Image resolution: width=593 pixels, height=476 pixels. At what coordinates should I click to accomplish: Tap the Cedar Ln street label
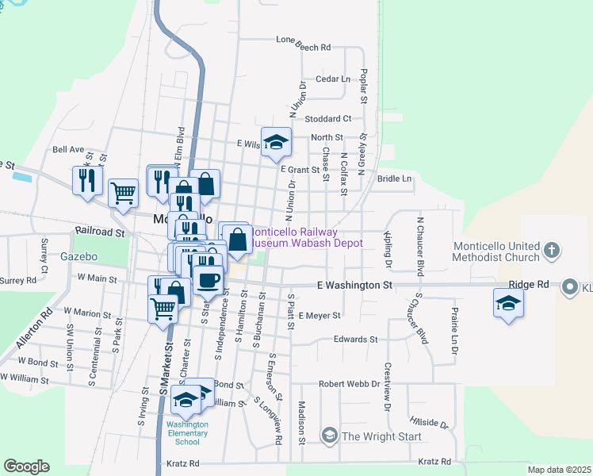pos(333,79)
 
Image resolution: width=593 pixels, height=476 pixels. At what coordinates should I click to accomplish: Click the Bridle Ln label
pos(395,178)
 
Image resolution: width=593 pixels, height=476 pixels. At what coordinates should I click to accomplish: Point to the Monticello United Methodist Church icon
pos(553,251)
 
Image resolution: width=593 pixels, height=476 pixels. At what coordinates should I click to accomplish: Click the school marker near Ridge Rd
pos(508,303)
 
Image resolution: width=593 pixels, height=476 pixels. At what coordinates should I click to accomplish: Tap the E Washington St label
pos(354,284)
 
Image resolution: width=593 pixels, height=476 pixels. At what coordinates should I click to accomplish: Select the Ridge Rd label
pos(529,284)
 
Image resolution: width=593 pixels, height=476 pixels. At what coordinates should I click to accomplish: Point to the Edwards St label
pos(355,340)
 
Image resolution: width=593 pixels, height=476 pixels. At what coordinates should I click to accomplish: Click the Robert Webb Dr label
pos(350,384)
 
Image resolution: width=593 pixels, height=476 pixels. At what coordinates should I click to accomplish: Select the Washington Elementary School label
pos(187,432)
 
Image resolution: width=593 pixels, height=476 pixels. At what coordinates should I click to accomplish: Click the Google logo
pos(27,466)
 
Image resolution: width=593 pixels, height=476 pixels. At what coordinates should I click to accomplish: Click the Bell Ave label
pos(68,149)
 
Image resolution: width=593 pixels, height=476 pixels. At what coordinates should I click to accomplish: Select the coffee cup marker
pos(208,279)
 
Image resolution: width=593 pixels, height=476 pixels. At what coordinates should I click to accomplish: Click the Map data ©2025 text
pos(558,470)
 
